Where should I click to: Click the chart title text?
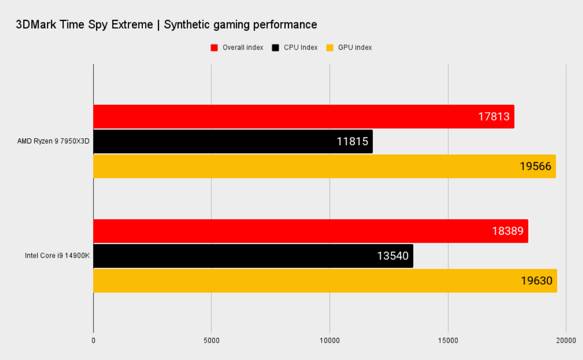166,25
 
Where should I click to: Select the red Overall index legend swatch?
214,48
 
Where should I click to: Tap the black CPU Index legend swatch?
275,48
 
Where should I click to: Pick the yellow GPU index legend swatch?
330,48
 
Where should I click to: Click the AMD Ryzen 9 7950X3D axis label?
53,141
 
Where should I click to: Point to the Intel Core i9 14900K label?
57,256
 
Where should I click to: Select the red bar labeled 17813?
282,117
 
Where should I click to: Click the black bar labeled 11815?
217,141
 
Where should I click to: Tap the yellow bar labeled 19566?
303,166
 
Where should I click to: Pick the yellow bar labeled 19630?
303,281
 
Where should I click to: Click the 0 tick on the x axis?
93,341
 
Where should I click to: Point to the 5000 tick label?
211,341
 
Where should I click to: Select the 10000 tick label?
330,341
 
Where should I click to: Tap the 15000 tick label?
448,341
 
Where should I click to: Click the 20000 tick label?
566,341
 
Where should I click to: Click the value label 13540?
393,256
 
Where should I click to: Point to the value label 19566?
535,166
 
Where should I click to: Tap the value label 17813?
494,117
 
